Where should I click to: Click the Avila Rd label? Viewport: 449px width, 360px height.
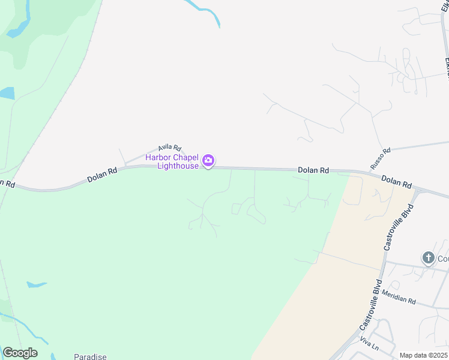[x=169, y=148]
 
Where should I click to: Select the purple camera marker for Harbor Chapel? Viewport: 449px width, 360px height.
[x=208, y=160]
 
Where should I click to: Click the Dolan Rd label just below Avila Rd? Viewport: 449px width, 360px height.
[x=102, y=173]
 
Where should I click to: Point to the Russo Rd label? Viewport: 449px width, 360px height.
[x=381, y=158]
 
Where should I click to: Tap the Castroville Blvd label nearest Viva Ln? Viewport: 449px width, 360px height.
[x=371, y=305]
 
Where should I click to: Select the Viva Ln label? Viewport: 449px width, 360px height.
[x=369, y=344]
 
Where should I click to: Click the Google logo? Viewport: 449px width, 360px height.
[x=20, y=353]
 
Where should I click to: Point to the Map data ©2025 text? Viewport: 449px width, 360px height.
[x=423, y=355]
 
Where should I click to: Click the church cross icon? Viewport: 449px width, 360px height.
[x=428, y=258]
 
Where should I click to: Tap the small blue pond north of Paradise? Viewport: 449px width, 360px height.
[x=36, y=284]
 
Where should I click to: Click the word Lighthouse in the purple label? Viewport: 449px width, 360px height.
[x=178, y=166]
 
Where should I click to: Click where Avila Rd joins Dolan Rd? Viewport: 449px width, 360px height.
[x=125, y=166]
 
